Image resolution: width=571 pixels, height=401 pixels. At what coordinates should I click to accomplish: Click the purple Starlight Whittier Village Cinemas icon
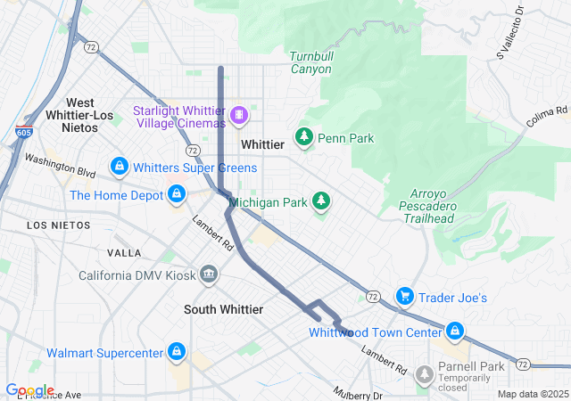coord(239,115)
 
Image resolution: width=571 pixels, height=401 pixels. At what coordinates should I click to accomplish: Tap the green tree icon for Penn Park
coord(304,138)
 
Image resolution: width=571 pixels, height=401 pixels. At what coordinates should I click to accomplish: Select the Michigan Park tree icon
coord(320,202)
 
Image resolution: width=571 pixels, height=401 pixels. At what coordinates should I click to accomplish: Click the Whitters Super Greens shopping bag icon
coord(119,167)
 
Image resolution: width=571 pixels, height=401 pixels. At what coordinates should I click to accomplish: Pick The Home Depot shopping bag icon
coord(177,194)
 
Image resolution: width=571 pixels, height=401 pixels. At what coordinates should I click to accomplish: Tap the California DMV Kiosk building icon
coord(209,273)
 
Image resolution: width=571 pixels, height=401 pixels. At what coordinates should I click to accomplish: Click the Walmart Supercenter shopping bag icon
coord(177,353)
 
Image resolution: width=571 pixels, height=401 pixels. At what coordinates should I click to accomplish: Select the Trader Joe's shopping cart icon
coord(404,297)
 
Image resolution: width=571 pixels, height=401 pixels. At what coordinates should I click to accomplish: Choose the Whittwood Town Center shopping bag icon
coord(455,332)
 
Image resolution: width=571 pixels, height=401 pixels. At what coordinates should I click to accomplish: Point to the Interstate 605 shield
coord(23,133)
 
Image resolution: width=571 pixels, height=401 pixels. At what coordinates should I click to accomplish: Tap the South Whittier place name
coord(223,309)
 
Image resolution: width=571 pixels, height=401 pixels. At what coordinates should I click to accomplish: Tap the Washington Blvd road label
coord(60,165)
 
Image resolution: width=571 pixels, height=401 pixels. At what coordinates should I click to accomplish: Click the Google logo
coord(29,390)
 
